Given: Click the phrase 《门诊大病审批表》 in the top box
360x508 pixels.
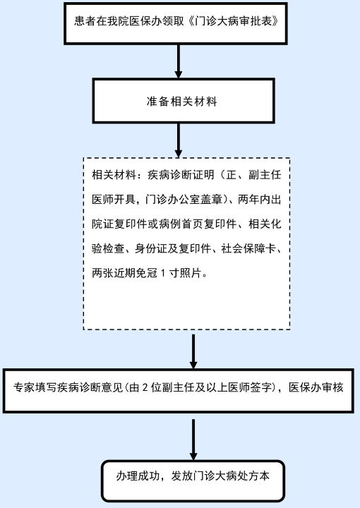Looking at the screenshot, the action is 233,21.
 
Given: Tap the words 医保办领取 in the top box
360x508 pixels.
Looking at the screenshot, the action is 157,21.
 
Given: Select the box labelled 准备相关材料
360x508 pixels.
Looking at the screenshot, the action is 184,101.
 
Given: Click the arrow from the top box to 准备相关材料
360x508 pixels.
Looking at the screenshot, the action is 178,61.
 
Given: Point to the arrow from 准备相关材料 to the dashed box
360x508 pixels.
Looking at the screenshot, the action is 178,140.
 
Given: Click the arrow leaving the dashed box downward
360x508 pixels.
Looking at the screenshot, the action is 193,351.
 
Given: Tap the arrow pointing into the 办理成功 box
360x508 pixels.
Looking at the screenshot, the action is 193,440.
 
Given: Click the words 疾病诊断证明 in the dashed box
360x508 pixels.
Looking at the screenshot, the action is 181,175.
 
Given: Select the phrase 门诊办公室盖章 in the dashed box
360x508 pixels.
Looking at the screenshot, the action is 184,200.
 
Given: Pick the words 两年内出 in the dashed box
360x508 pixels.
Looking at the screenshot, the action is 260,200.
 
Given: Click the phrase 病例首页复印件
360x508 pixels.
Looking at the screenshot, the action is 198,224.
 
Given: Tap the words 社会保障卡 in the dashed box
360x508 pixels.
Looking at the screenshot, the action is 248,248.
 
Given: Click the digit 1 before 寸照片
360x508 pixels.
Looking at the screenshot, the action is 163,273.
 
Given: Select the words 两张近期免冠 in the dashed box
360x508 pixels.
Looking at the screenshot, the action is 124,273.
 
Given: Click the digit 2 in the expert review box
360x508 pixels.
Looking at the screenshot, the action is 145,387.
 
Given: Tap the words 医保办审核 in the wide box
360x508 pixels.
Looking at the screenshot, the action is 316,387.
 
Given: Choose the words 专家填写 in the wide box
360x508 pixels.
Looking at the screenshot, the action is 35,387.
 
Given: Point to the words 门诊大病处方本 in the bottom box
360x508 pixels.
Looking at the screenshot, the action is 232,476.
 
